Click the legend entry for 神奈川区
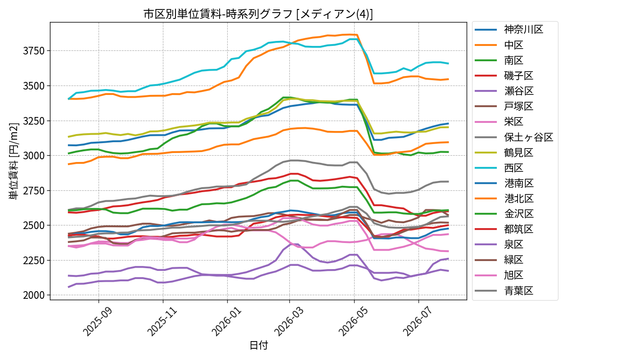[508, 30]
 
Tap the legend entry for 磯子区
[504, 76]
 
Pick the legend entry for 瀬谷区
[504, 91]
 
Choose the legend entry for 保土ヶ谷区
[514, 137]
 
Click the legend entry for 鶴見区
[504, 153]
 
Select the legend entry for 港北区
[504, 198]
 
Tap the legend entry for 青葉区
[504, 291]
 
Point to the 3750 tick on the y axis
[34, 51]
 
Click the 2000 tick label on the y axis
[34, 295]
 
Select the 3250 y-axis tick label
[34, 121]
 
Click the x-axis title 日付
[259, 345]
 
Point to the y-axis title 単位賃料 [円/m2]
[13, 161]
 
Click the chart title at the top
[258, 14]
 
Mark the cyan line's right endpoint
[448, 63]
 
